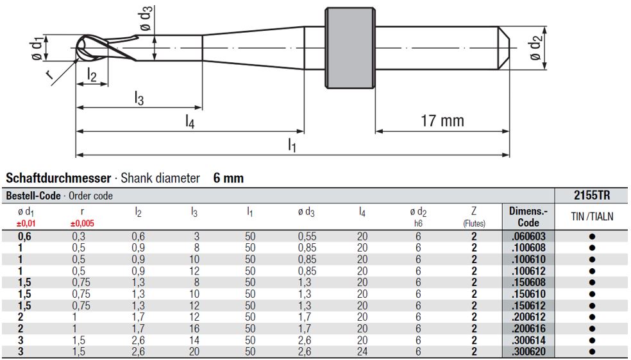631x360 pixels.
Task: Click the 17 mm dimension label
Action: pos(442,121)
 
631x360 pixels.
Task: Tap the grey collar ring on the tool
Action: pos(350,48)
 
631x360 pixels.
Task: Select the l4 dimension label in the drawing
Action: pos(190,121)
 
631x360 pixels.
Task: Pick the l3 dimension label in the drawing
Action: pos(139,98)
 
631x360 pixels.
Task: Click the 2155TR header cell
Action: pos(592,196)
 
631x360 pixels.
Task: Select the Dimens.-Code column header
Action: pos(528,217)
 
